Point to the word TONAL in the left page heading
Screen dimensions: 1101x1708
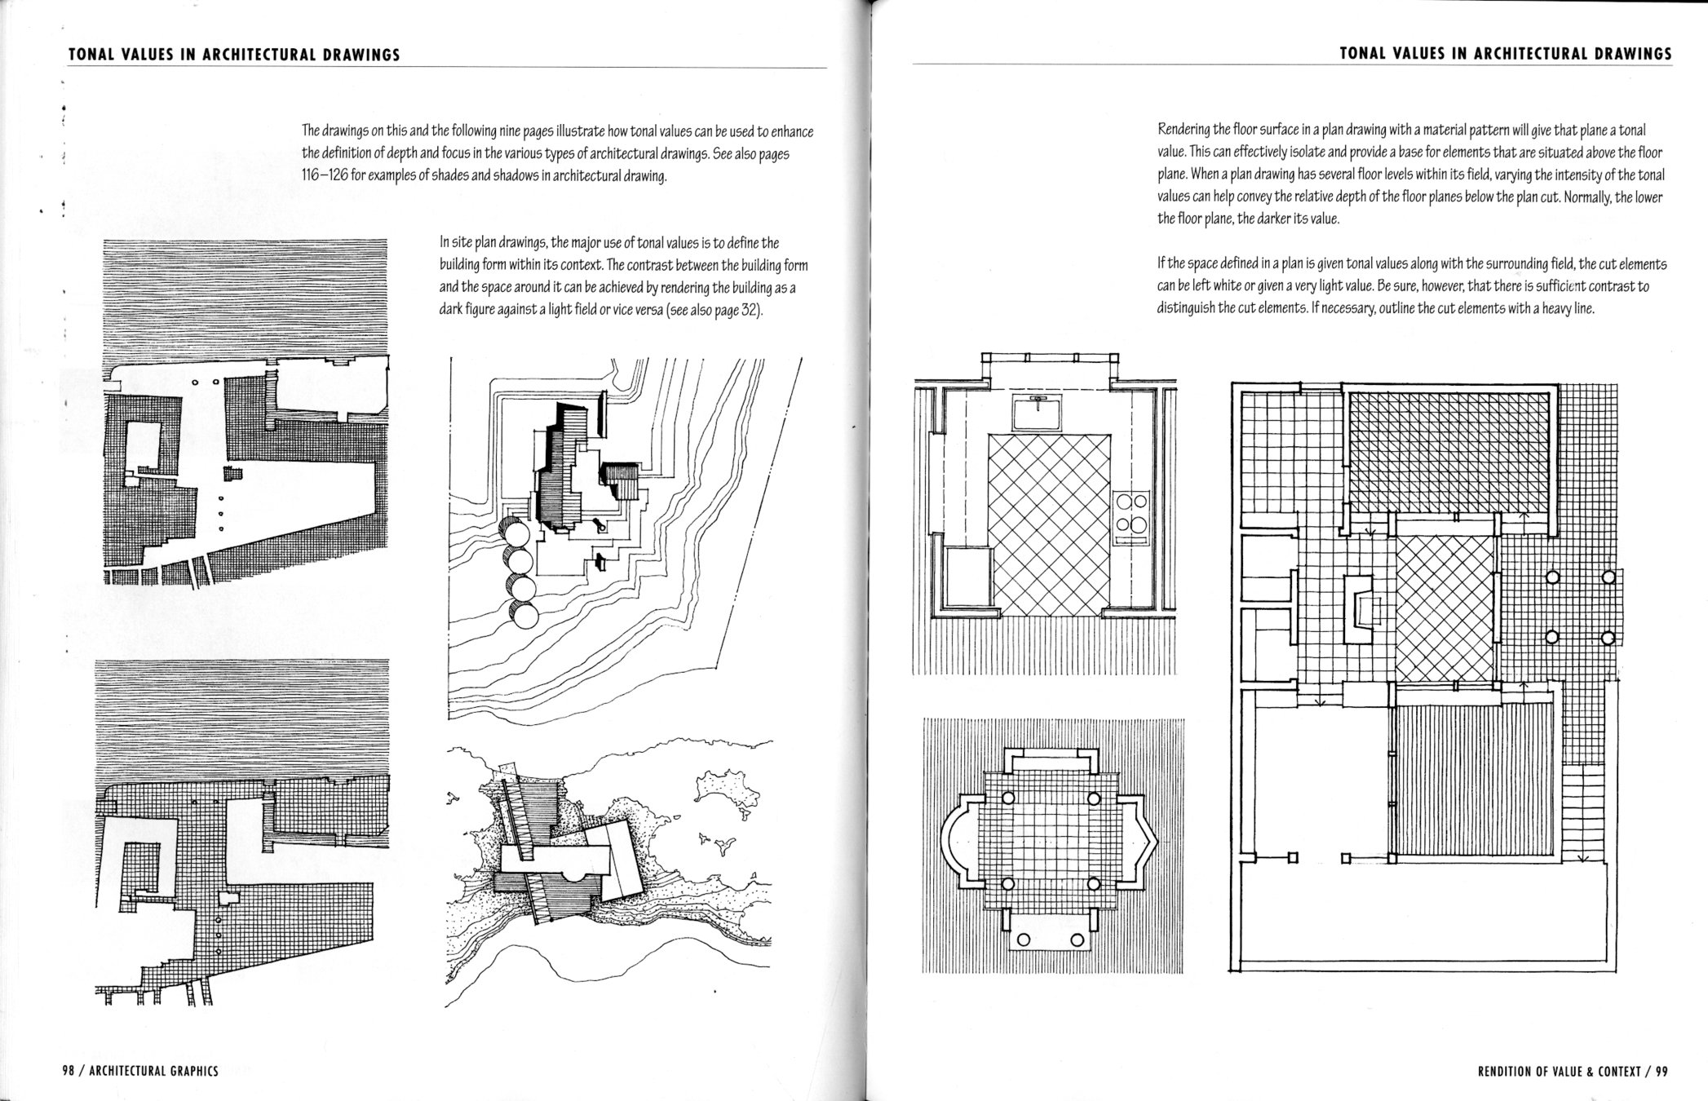[x=88, y=55]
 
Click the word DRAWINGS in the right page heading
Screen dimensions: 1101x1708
[x=1631, y=54]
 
